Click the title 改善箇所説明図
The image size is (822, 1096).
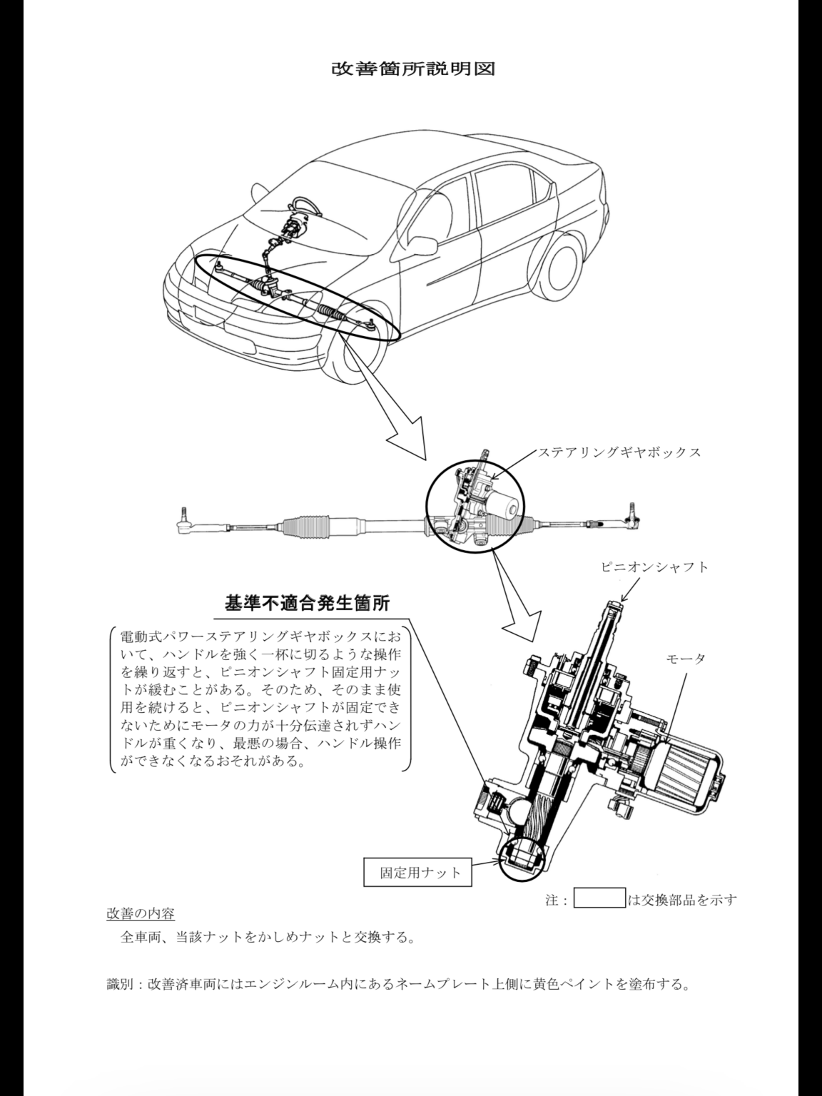coord(413,69)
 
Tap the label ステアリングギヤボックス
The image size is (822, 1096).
coord(619,453)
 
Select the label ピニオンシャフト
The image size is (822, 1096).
coord(655,567)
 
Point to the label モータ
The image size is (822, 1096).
coord(686,659)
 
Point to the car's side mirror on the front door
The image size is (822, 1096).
coord(421,245)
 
